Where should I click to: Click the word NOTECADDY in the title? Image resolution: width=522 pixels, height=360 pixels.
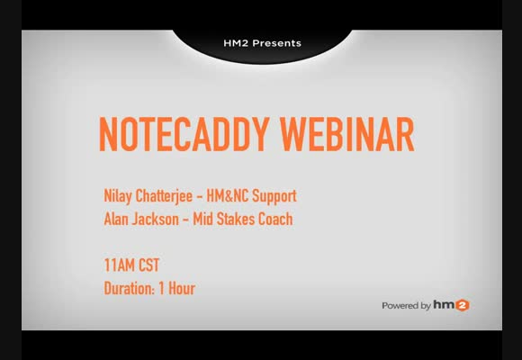pyautogui.click(x=184, y=134)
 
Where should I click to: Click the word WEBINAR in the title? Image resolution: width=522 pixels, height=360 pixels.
pyautogui.click(x=347, y=134)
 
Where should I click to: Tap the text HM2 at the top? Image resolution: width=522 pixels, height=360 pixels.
pyautogui.click(x=236, y=43)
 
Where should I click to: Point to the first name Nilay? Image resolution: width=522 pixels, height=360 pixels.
pyautogui.click(x=118, y=196)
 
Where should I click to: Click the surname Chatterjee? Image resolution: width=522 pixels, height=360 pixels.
pyautogui.click(x=164, y=196)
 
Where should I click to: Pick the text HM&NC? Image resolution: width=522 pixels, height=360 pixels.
pyautogui.click(x=228, y=195)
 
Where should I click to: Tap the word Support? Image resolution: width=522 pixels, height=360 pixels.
pyautogui.click(x=274, y=196)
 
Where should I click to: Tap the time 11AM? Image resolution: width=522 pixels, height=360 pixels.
pyautogui.click(x=120, y=265)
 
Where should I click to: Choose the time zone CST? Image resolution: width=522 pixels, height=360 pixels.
pyautogui.click(x=149, y=265)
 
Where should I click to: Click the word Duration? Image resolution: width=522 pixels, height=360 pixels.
pyautogui.click(x=130, y=288)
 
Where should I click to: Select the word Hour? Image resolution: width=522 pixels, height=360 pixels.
pyautogui.click(x=182, y=288)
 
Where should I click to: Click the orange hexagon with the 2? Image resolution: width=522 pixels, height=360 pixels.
pyautogui.click(x=462, y=305)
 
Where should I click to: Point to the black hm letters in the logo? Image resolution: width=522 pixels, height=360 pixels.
pyautogui.click(x=444, y=305)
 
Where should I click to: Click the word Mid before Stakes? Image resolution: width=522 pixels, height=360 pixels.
pyautogui.click(x=203, y=219)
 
